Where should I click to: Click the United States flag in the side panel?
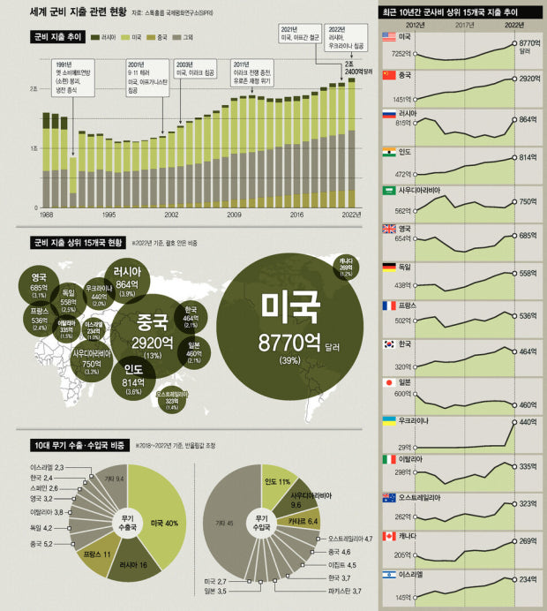(x=389, y=38)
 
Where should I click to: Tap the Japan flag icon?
(x=389, y=382)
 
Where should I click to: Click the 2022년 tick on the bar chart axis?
(x=351, y=215)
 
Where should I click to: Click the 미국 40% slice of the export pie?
(x=163, y=522)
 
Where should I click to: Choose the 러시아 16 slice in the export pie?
(x=131, y=562)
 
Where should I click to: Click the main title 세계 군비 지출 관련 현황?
(x=77, y=12)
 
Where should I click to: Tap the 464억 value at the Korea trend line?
(x=528, y=351)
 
